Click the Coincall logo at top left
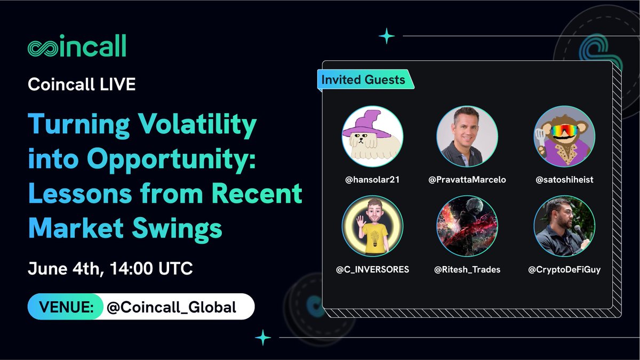[x=77, y=47]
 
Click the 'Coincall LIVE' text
[x=82, y=85]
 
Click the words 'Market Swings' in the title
[x=125, y=228]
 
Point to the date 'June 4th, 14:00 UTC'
[x=110, y=268]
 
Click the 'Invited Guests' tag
[x=363, y=81]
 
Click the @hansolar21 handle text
[x=372, y=180]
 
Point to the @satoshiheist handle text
[x=564, y=180]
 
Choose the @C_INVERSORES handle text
[x=372, y=269]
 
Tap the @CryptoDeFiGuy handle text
[x=564, y=269]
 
